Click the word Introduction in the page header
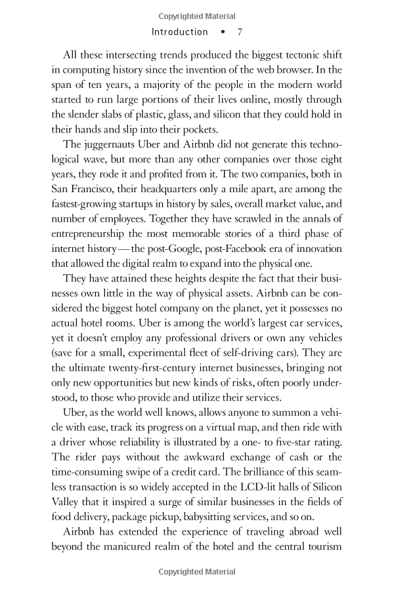[179, 31]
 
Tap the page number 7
[240, 31]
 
